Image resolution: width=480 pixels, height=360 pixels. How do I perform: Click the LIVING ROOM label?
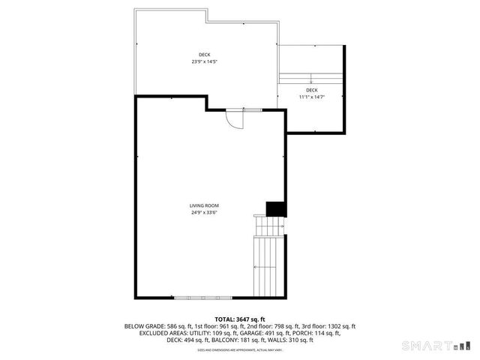(x=204, y=205)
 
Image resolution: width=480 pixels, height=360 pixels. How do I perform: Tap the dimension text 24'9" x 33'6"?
(x=204, y=212)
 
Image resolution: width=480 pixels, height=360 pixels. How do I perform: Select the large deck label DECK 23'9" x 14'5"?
(x=204, y=58)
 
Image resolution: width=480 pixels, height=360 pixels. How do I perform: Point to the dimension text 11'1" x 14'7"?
(x=311, y=97)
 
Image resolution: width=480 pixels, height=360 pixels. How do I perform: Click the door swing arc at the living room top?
(x=235, y=120)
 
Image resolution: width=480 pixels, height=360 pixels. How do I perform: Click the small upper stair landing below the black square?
(x=269, y=225)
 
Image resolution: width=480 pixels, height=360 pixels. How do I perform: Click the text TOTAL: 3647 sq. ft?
(x=240, y=319)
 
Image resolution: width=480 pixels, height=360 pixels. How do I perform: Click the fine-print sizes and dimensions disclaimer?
(x=240, y=349)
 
